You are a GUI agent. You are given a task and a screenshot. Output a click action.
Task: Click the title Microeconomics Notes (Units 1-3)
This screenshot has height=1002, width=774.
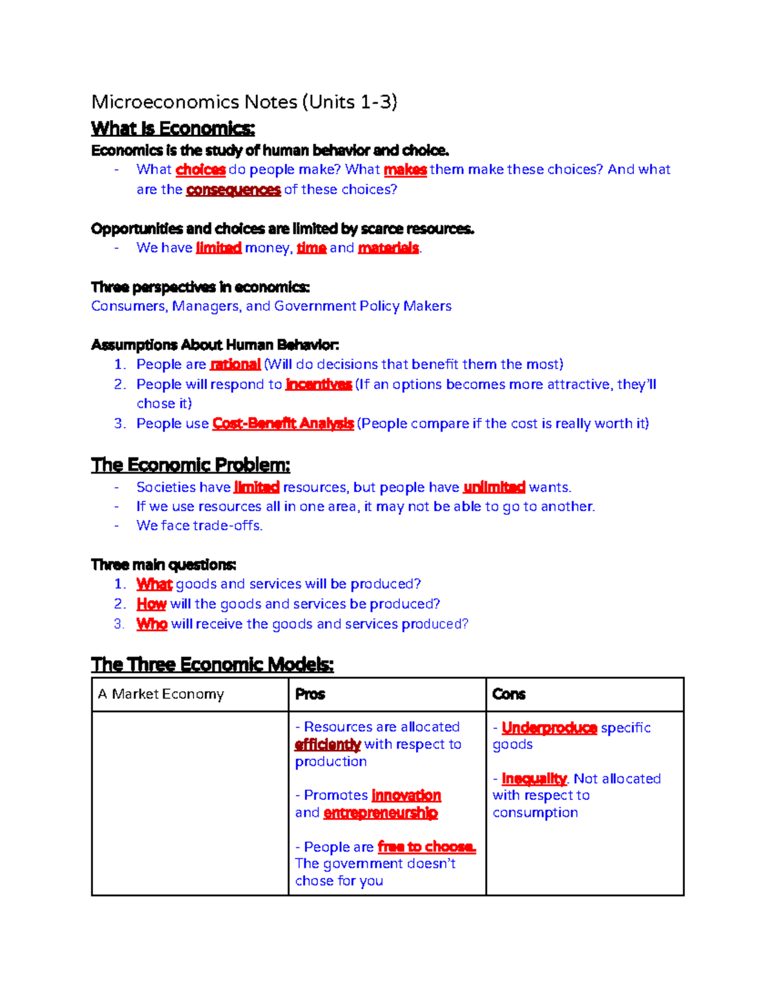[x=244, y=102]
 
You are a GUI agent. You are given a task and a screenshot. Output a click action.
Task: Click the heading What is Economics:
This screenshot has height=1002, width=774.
[x=173, y=128]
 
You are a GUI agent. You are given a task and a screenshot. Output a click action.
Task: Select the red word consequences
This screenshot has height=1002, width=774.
[x=233, y=190]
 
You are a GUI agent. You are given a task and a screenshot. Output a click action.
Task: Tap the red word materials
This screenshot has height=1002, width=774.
[x=388, y=248]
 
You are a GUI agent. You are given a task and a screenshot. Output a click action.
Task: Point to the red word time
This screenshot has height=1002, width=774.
[x=311, y=248]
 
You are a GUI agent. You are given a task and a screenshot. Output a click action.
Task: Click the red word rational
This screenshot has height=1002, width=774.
[x=235, y=365]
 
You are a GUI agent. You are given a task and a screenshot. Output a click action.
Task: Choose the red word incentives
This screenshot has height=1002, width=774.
[x=318, y=385]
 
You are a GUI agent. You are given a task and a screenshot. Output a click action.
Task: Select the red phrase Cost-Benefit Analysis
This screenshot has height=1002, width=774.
[x=283, y=424]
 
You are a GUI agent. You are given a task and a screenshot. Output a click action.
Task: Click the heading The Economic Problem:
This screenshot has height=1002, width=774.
[x=190, y=465]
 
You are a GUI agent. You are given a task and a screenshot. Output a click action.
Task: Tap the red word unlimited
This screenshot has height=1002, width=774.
[x=494, y=487]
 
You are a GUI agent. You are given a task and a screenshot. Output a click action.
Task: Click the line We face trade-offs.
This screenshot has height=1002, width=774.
[x=199, y=526]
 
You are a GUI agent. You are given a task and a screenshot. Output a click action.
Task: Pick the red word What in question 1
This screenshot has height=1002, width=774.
[x=154, y=585]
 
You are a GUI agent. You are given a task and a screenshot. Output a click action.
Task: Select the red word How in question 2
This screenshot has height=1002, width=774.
[x=152, y=605]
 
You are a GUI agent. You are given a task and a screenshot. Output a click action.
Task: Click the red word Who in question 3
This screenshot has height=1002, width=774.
[x=152, y=625]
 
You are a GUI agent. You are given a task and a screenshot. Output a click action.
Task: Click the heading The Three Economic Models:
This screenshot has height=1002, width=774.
[x=212, y=665]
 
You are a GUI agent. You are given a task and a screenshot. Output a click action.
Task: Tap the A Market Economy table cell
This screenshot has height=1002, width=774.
[x=161, y=694]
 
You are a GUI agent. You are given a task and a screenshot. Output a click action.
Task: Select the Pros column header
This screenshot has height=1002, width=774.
[x=310, y=694]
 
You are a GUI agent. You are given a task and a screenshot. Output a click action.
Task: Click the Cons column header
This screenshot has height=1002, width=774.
[x=509, y=694]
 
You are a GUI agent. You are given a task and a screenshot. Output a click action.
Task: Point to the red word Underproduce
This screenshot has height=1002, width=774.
[x=549, y=728]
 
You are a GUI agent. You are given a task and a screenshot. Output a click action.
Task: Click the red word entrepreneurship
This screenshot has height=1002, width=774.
[x=381, y=813]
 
